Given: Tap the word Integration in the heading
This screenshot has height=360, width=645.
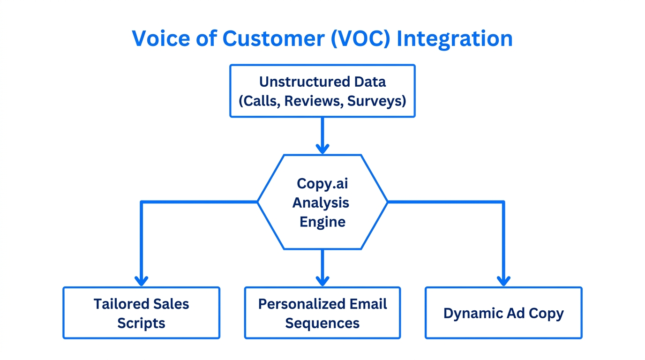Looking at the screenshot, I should (x=454, y=38).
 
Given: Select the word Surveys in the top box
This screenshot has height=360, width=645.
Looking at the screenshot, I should (x=376, y=100).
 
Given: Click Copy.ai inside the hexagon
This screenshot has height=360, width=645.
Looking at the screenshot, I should (x=322, y=183).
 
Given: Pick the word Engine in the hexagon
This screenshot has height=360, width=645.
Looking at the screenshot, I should (x=322, y=221).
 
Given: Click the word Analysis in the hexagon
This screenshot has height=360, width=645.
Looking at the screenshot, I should (x=322, y=202).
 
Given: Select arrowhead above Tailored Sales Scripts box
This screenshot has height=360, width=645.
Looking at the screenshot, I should (x=141, y=281).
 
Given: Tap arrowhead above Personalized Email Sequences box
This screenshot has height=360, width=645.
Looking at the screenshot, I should (x=322, y=281).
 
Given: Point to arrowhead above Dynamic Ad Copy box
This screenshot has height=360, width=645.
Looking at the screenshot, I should (x=503, y=281).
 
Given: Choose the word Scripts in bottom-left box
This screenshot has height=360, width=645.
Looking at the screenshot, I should (x=141, y=323).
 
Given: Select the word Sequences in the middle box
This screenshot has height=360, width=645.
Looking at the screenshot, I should (x=322, y=323).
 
